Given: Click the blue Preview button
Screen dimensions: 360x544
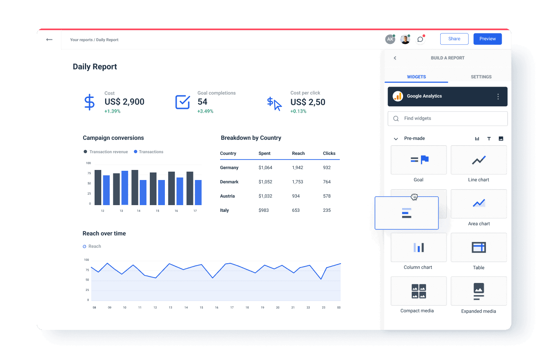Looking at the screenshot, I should [488, 39].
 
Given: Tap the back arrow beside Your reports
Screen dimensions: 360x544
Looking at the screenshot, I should [49, 40].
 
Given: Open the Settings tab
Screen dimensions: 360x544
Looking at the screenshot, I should [481, 77].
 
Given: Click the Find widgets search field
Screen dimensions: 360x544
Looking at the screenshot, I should [448, 118].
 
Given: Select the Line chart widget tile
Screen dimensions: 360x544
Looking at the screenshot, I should [478, 160].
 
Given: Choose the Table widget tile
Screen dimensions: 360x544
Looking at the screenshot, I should [478, 247].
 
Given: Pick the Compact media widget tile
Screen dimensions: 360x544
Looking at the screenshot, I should [418, 291].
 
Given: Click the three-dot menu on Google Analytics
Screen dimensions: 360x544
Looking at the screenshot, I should [498, 97].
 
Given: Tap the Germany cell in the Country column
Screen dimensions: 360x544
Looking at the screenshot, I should [229, 167].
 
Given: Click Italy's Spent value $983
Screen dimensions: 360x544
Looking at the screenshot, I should [264, 210].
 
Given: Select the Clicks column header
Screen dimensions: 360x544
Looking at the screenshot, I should [329, 153].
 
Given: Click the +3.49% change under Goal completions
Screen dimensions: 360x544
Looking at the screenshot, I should [205, 111].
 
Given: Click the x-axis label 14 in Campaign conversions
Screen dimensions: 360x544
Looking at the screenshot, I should [139, 211].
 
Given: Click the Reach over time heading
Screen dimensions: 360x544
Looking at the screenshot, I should [104, 234].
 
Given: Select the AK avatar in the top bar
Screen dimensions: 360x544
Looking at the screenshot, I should [390, 39].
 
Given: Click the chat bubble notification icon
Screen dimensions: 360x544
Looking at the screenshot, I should [420, 39].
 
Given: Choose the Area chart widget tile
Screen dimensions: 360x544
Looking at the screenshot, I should [478, 204].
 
